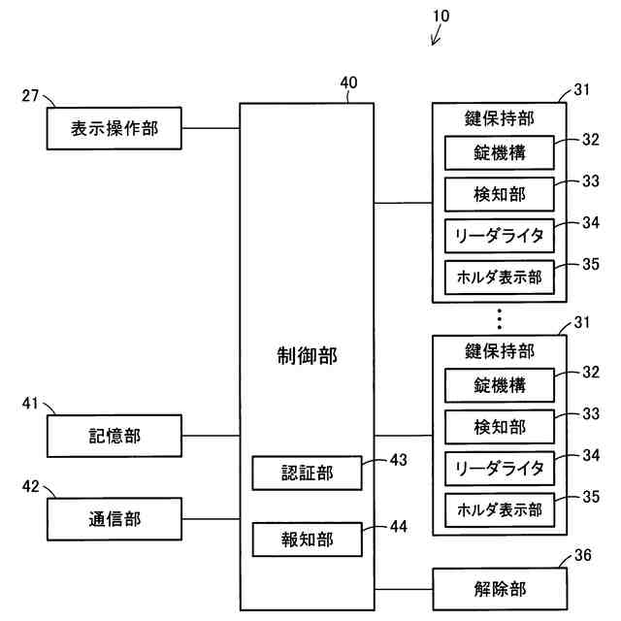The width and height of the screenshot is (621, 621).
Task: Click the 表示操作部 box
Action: [x=114, y=128]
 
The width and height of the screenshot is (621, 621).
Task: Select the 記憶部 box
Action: [x=114, y=436]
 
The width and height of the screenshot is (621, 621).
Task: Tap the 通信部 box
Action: [x=114, y=519]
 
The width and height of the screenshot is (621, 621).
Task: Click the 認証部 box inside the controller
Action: [x=307, y=473]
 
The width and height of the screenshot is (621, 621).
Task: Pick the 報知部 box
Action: [x=307, y=539]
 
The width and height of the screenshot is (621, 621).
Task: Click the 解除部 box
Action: [x=500, y=589]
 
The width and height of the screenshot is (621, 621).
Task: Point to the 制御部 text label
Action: [x=307, y=355]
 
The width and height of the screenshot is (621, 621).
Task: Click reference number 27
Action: [x=30, y=95]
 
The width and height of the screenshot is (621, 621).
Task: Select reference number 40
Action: [x=348, y=82]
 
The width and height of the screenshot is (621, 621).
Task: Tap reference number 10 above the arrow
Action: [x=441, y=16]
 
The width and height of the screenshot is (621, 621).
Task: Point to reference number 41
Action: [x=30, y=404]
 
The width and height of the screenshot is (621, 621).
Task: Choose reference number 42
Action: [x=30, y=486]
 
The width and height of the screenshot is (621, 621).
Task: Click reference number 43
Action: [x=399, y=460]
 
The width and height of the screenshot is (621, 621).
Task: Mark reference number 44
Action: [x=399, y=527]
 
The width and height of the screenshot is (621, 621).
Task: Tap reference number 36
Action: [x=583, y=555]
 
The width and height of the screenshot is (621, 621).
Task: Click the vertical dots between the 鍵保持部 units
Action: [x=500, y=319]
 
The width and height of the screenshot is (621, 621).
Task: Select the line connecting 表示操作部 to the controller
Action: [x=211, y=128]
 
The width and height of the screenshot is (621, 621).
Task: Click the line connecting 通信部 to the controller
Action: [x=211, y=519]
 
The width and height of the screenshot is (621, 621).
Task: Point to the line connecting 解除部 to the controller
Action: [x=404, y=589]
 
